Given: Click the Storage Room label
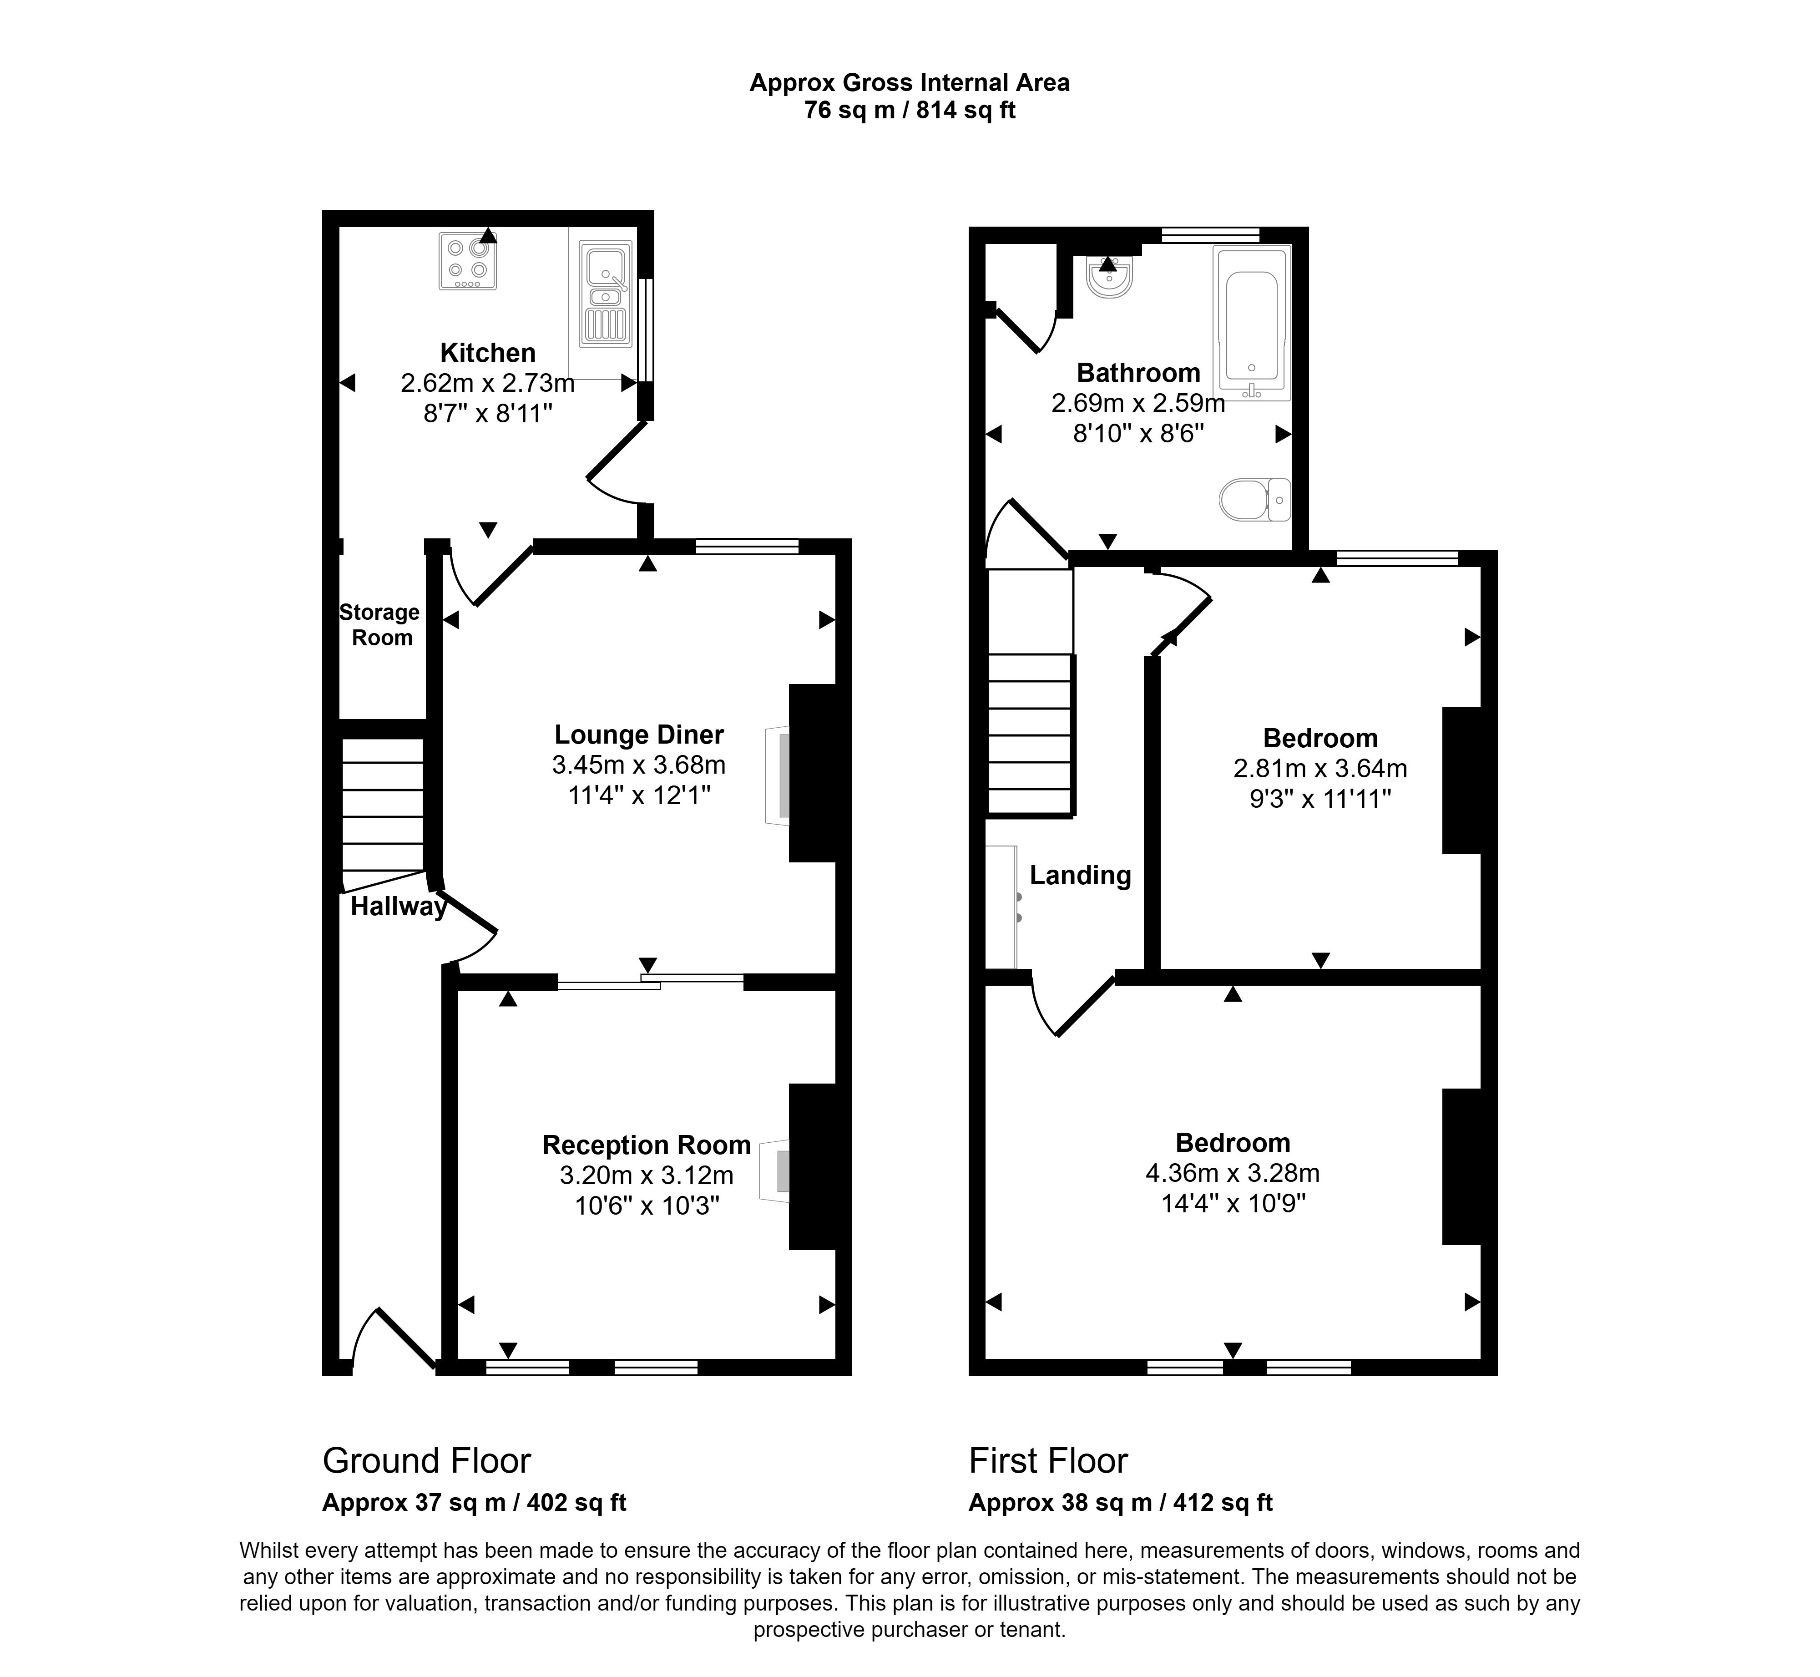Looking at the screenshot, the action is pyautogui.click(x=380, y=624).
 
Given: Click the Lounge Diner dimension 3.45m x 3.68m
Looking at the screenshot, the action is pyautogui.click(x=639, y=765).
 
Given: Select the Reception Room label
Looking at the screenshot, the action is pyautogui.click(x=646, y=1144).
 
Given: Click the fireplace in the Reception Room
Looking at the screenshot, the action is pyautogui.click(x=775, y=1170).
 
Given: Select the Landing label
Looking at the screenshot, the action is pyautogui.click(x=1080, y=875).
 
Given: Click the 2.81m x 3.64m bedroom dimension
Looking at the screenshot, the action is pyautogui.click(x=1320, y=769).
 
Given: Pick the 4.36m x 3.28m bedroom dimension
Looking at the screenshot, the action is pyautogui.click(x=1232, y=1172).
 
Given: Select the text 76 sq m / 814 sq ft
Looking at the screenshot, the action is pyautogui.click(x=909, y=111).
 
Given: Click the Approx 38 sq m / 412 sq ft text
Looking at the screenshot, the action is pyautogui.click(x=1121, y=1503).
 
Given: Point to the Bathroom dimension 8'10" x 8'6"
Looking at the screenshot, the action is pyautogui.click(x=1137, y=434).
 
